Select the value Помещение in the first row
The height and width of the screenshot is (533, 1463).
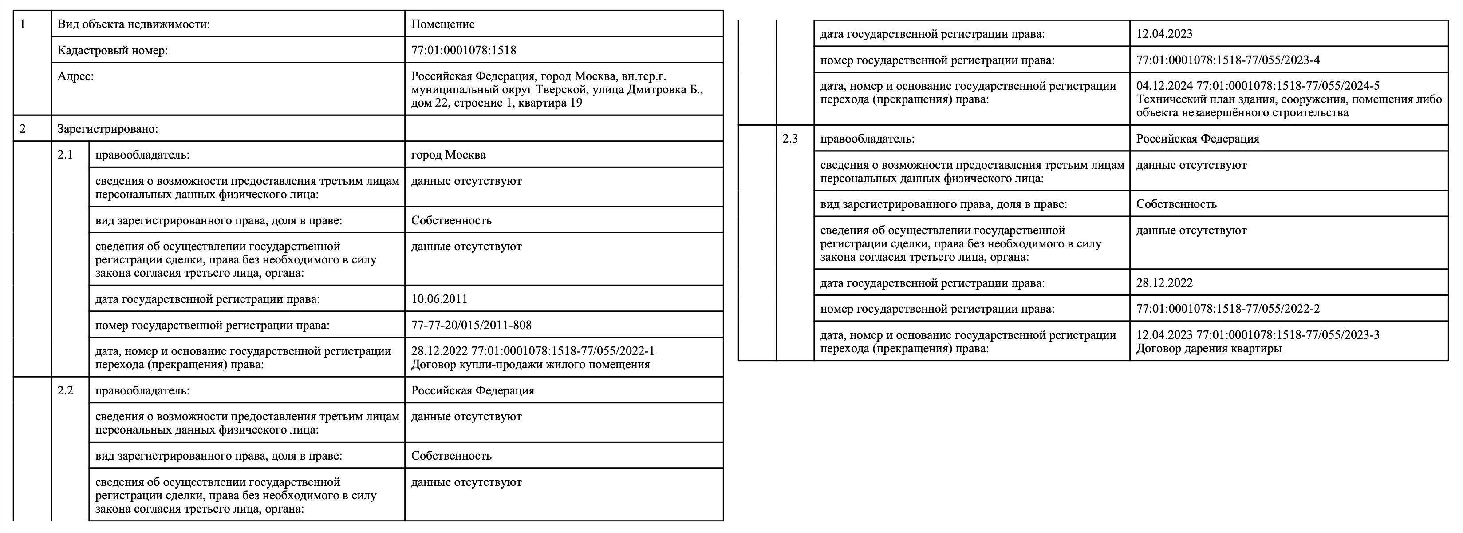(x=442, y=24)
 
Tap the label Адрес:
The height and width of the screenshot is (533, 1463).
(x=75, y=76)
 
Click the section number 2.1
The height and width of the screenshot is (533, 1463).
(x=65, y=155)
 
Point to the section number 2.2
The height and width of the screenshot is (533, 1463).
(x=65, y=390)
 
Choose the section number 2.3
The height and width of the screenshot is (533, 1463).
(x=790, y=139)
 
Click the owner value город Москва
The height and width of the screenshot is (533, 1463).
(x=448, y=155)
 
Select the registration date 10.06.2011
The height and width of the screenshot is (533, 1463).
(x=439, y=299)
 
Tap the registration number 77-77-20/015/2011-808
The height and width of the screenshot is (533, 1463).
(x=471, y=325)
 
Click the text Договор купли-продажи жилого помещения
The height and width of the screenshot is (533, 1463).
(x=530, y=364)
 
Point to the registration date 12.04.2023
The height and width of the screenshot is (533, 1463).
(x=1164, y=33)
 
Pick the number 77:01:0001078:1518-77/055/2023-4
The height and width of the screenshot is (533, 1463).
(x=1228, y=60)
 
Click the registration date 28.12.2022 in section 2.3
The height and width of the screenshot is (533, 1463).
(x=1164, y=283)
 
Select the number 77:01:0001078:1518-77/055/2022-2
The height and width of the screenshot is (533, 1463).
(x=1228, y=309)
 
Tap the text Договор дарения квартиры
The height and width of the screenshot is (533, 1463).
(x=1209, y=348)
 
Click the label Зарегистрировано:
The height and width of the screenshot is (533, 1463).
(x=108, y=129)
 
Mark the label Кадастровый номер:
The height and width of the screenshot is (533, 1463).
(x=112, y=50)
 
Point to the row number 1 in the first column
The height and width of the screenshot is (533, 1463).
(x=23, y=24)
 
